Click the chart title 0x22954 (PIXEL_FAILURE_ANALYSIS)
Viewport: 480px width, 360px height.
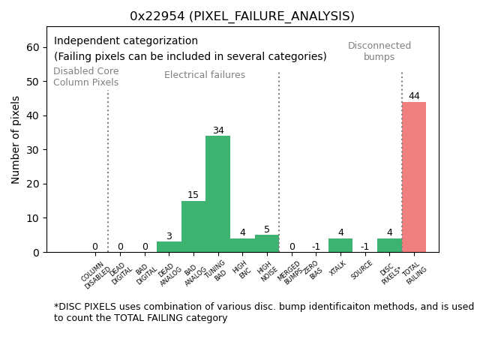tap(241, 16)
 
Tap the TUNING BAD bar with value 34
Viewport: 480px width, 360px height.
tap(217, 193)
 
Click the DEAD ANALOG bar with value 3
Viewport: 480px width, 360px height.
tap(169, 247)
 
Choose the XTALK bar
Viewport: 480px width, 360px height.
tap(340, 245)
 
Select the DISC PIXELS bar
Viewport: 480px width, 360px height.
tap(389, 245)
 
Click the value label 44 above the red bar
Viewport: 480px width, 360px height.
tap(414, 96)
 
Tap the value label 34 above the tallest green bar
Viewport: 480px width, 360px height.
tap(218, 130)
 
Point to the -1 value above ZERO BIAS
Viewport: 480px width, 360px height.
tap(316, 247)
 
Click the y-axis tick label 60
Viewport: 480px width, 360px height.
tap(32, 47)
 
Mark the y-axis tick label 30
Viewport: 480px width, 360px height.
tap(32, 150)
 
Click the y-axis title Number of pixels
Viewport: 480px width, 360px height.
tap(16, 139)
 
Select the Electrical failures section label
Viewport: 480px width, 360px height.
tap(205, 75)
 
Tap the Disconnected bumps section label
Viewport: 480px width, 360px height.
tap(379, 51)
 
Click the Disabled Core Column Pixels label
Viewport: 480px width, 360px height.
tap(85, 76)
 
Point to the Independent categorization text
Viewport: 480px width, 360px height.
tap(126, 41)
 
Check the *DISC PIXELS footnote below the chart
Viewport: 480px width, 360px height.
tap(262, 312)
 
